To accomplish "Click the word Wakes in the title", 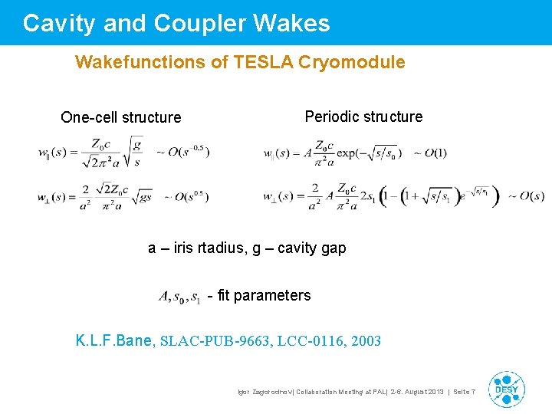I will pos(294,24).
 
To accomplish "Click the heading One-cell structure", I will pos(121,117).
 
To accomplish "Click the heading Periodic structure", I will pos(363,117).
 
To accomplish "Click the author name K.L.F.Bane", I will pos(114,340).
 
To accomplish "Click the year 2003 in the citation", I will pos(365,341).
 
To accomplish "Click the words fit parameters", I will pos(264,295).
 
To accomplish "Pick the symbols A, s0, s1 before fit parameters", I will pos(179,296).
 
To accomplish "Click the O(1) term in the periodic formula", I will pos(430,153).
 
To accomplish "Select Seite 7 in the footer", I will pos(464,393).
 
